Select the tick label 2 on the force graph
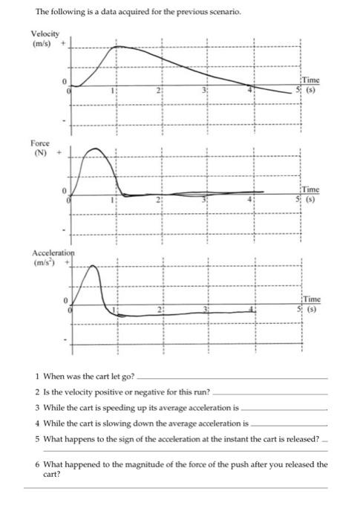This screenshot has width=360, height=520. point(158,201)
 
